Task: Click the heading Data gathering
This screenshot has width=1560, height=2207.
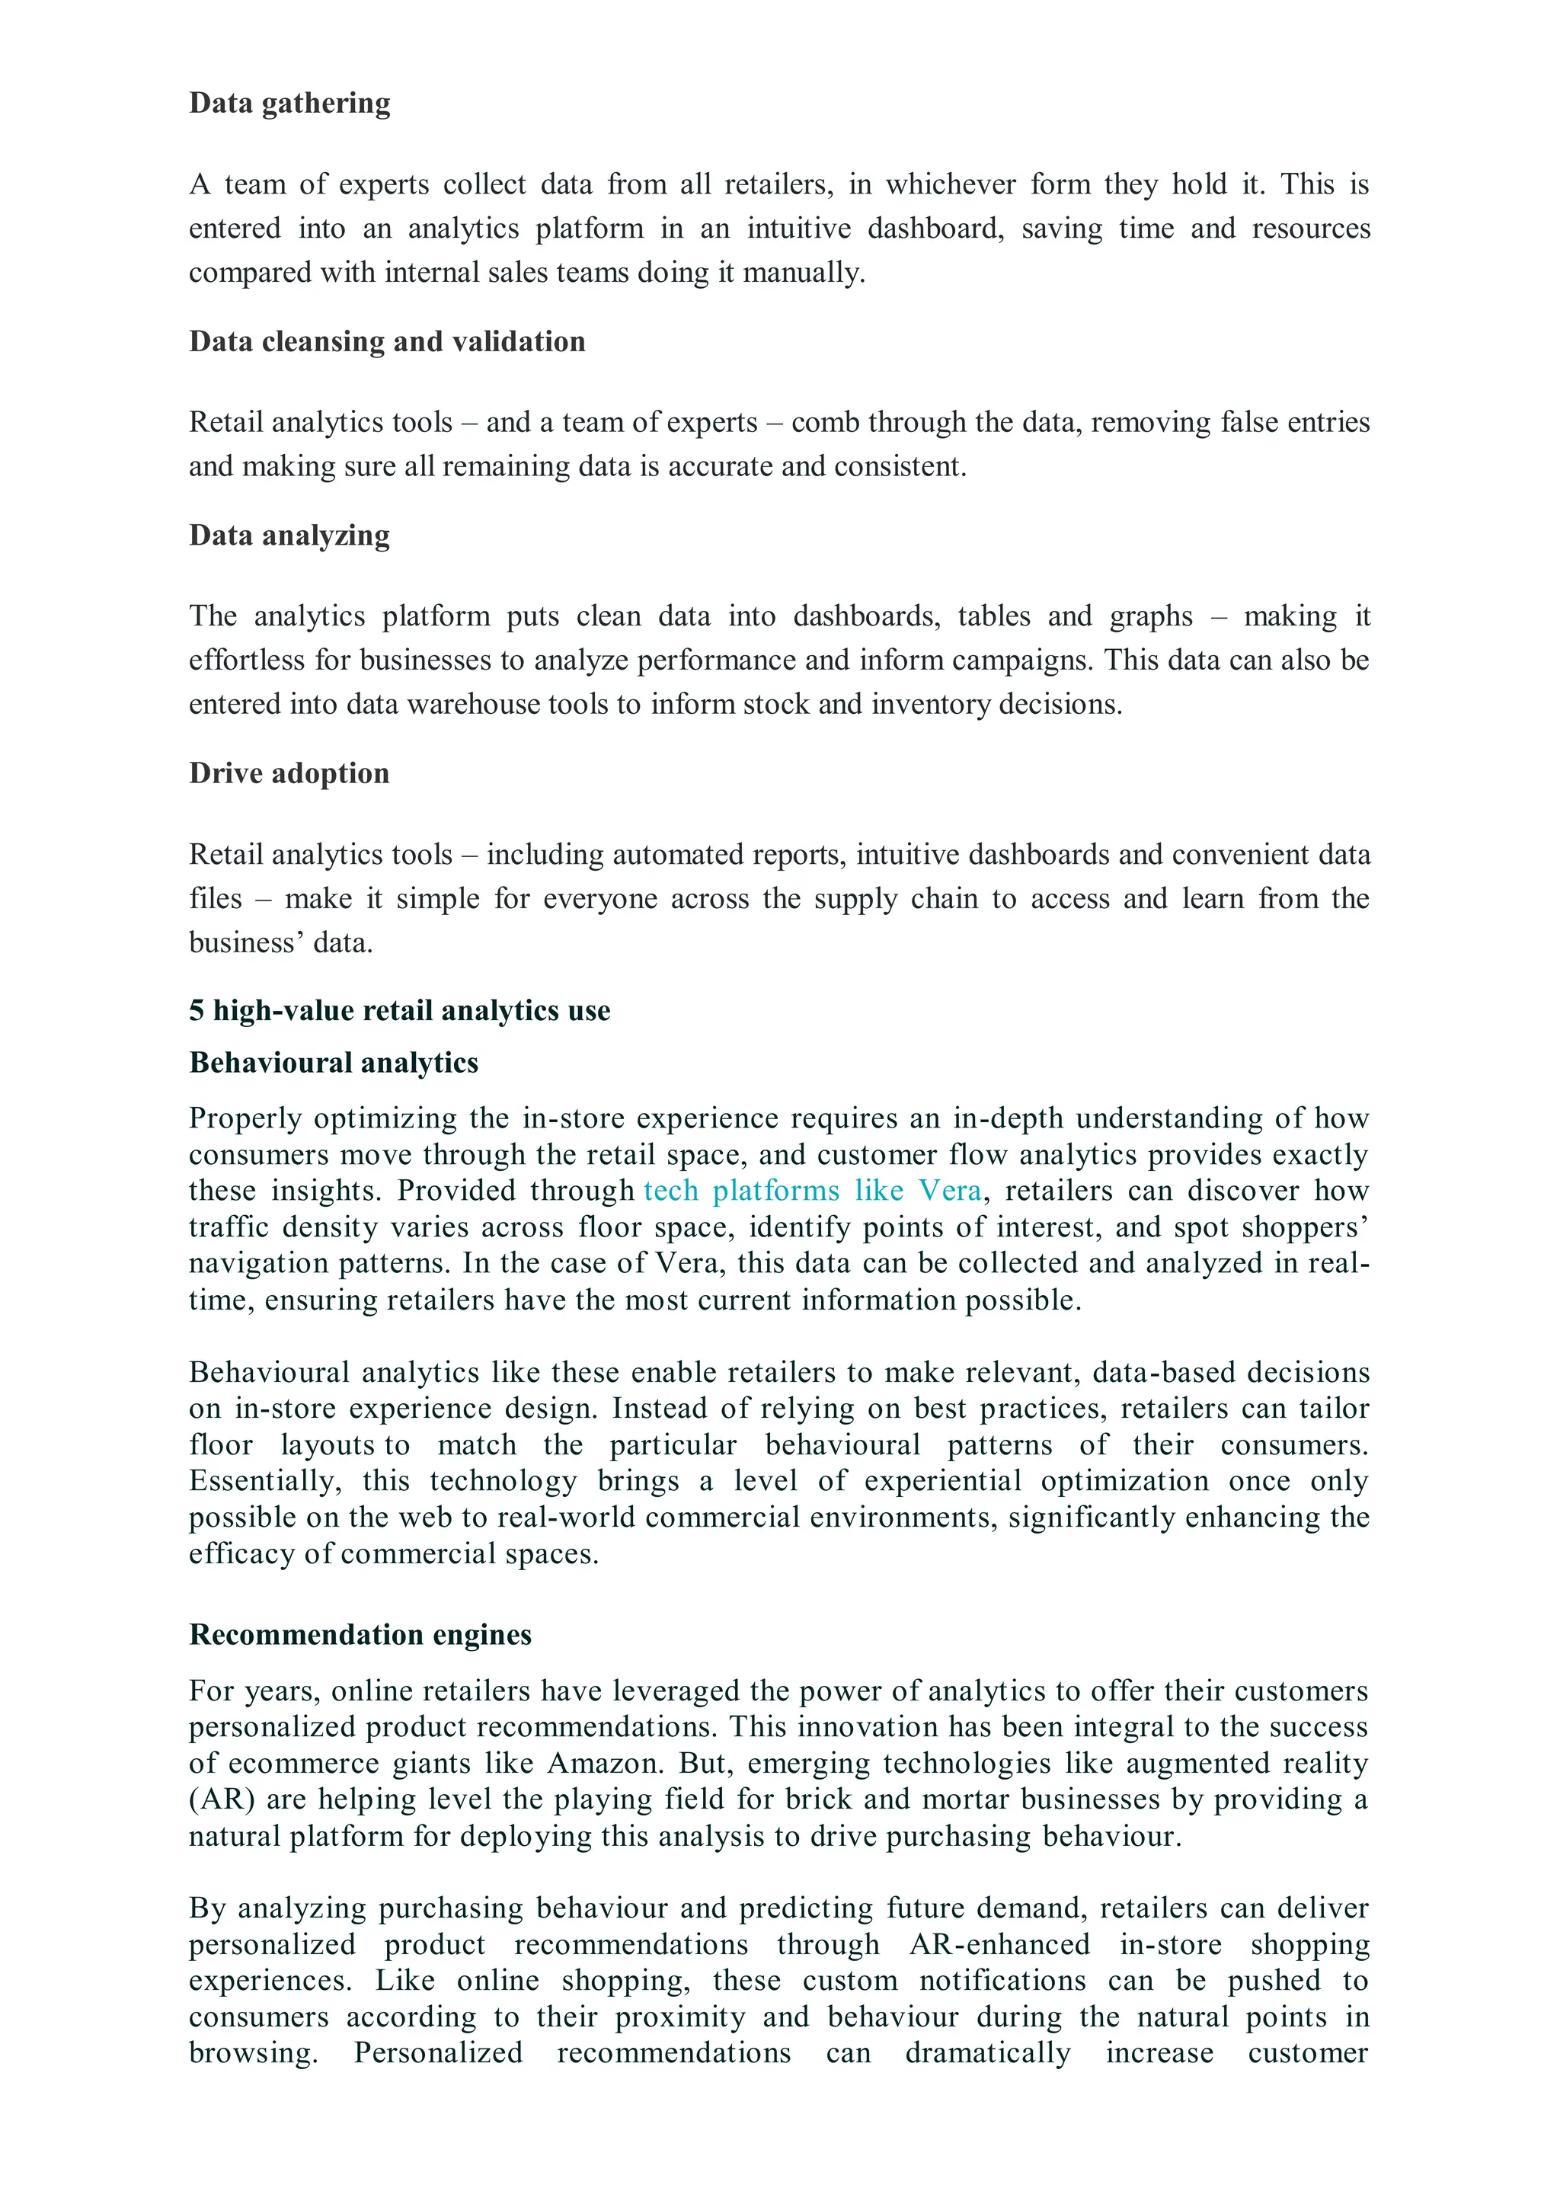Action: pos(289,103)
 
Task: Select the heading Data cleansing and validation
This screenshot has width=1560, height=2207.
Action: pos(386,341)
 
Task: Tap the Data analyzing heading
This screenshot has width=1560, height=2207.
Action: pos(289,536)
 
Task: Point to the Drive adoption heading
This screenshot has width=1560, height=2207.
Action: pos(289,774)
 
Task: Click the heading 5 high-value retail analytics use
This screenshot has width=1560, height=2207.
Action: pos(399,1010)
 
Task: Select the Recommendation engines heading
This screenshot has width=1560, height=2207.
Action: pos(360,1634)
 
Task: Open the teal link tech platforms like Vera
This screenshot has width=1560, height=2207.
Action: pos(812,1190)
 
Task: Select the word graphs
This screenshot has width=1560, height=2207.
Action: pos(1150,616)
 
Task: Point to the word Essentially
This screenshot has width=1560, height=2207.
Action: pos(264,1481)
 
